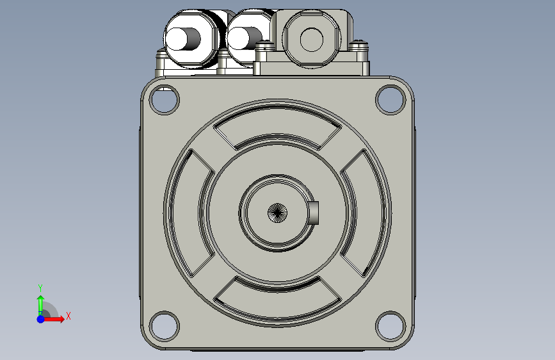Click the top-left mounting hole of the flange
165,99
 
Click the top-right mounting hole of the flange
390,99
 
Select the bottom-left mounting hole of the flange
165,326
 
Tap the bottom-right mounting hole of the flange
390,326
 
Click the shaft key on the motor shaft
314,213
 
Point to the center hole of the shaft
278,213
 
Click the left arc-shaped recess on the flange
191,213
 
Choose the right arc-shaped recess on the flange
364,213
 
